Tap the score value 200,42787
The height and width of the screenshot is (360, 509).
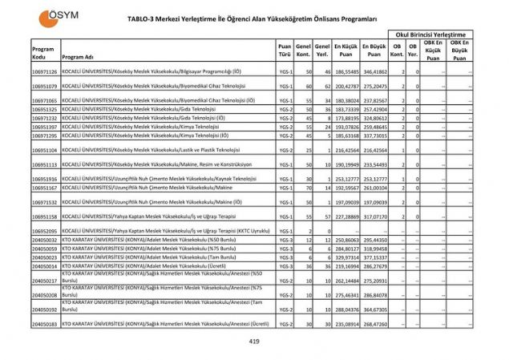tap(346, 86)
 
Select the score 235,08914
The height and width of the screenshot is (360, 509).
tap(346, 323)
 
